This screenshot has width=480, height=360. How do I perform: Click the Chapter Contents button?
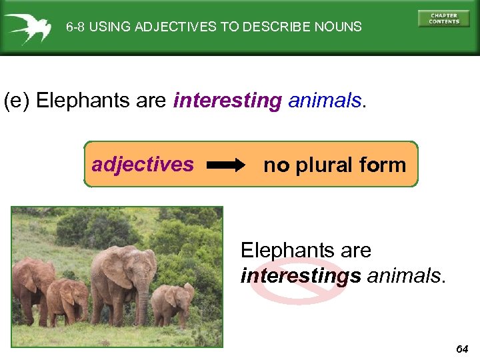point(443,19)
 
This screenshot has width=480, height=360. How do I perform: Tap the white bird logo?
point(28,27)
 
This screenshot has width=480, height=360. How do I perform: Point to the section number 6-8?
point(75,27)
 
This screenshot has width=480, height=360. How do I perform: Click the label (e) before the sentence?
point(17,101)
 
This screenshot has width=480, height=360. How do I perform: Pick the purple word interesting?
point(227,101)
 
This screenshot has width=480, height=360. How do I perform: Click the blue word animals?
point(324,101)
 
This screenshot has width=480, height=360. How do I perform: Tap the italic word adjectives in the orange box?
point(143,164)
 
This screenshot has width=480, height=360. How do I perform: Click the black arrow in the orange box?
point(225,165)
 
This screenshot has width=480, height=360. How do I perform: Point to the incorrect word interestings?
point(301,275)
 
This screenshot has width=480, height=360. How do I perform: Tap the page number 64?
point(463,349)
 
